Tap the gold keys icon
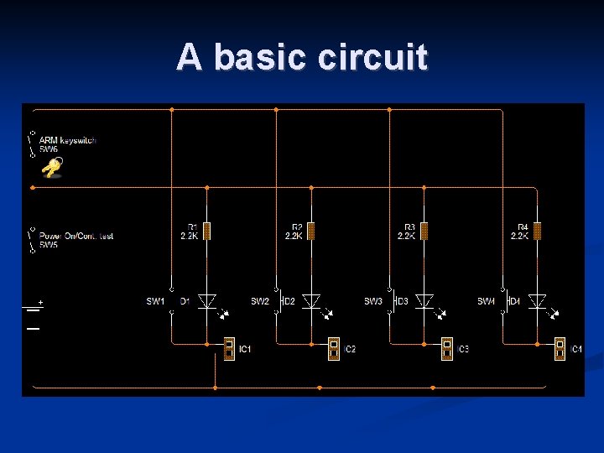(x=52, y=169)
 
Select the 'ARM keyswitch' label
(x=67, y=140)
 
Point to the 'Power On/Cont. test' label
(x=76, y=236)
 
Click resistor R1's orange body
(x=207, y=231)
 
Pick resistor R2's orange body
(x=311, y=231)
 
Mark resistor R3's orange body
(x=424, y=231)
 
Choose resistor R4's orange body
(x=538, y=231)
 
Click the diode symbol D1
(x=207, y=300)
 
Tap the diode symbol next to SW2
(x=311, y=300)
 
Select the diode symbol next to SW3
(x=424, y=300)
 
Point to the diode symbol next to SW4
(x=538, y=300)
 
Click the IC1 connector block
(x=229, y=348)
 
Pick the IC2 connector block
(x=334, y=348)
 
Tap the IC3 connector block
(x=447, y=348)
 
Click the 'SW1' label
(x=156, y=301)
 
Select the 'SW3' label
(x=373, y=301)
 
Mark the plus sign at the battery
(x=40, y=301)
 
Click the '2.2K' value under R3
(x=406, y=237)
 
